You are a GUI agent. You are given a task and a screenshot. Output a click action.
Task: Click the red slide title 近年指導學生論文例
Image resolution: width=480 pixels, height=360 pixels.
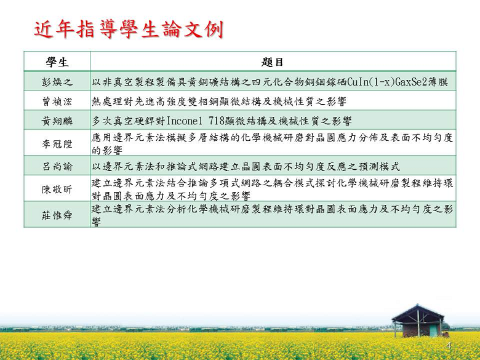click(129, 30)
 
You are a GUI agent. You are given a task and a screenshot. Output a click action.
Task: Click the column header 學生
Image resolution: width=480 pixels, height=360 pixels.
click(57, 62)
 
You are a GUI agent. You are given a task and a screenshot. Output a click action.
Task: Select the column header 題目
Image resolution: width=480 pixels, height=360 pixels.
click(273, 62)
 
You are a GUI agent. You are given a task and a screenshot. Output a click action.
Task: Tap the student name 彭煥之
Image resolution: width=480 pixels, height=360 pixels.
click(57, 82)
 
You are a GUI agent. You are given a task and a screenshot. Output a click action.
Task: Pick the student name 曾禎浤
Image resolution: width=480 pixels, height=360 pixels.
click(57, 102)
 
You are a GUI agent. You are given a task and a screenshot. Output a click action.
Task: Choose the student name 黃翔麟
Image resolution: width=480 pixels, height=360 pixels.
click(57, 121)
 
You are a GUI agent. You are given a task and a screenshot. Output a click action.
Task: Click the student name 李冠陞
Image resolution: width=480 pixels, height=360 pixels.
click(57, 143)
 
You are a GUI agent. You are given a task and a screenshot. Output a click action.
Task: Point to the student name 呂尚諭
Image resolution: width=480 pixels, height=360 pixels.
click(57, 166)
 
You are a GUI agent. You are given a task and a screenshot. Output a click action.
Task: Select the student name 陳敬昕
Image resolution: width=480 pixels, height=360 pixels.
click(57, 189)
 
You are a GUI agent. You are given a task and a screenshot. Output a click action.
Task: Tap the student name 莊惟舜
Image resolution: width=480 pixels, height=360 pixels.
click(57, 215)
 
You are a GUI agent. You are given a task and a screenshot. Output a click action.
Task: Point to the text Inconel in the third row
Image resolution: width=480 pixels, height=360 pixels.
click(184, 121)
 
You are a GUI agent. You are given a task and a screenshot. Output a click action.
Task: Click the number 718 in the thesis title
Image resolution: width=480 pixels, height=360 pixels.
click(217, 121)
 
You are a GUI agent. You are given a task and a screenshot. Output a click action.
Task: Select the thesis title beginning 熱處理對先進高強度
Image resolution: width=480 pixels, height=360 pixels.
click(219, 102)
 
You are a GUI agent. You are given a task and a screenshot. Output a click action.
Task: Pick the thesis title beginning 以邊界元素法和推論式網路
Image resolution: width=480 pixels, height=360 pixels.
click(246, 166)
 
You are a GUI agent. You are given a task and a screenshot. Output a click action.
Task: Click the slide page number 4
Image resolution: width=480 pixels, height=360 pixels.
click(449, 346)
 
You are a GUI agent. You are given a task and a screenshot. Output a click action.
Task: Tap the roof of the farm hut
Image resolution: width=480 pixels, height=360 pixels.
click(418, 312)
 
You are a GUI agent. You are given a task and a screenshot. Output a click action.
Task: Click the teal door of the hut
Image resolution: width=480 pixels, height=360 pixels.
click(433, 330)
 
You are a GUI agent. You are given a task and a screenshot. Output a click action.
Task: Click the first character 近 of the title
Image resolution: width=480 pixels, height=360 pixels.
click(44, 30)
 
